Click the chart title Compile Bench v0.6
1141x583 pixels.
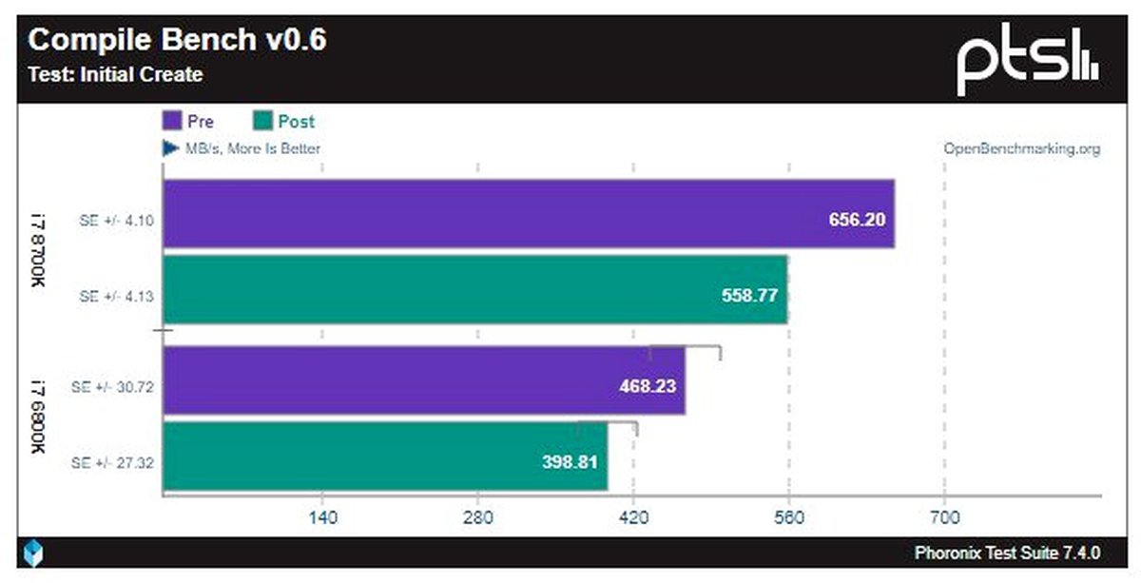pyautogui.click(x=179, y=40)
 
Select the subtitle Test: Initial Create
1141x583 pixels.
pyautogui.click(x=115, y=74)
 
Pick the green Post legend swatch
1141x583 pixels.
pyautogui.click(x=262, y=122)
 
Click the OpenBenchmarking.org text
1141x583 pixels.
pyautogui.click(x=1021, y=148)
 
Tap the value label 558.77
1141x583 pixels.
pyautogui.click(x=748, y=295)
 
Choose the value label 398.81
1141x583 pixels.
pyautogui.click(x=569, y=462)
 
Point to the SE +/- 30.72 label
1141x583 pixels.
pyautogui.click(x=113, y=387)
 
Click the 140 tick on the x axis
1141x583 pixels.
pyautogui.click(x=322, y=518)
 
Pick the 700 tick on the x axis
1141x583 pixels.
pyautogui.click(x=943, y=518)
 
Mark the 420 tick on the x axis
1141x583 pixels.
pyautogui.click(x=633, y=518)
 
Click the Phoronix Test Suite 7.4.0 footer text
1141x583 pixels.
pyautogui.click(x=1007, y=553)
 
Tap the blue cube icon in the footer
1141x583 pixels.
pyautogui.click(x=34, y=553)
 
